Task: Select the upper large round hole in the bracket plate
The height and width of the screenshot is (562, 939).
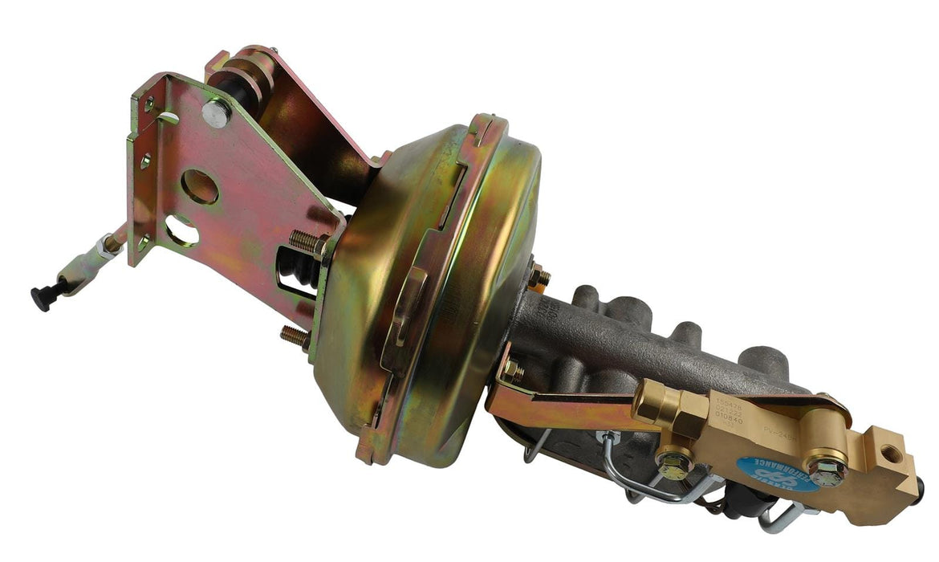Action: (199, 185)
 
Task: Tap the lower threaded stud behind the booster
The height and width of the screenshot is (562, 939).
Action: (297, 337)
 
